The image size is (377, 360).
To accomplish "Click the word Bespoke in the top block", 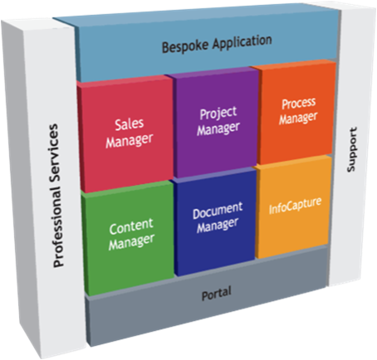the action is tap(186, 46).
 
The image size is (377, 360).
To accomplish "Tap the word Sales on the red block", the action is tap(130, 124).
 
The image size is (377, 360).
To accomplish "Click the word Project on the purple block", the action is tap(218, 113).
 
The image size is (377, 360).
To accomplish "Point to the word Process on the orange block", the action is tap(299, 104).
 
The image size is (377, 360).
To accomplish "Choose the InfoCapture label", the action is tap(295, 206).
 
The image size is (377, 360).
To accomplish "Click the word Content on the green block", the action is tap(131, 226).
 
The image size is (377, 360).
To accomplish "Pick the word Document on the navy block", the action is tap(218, 211).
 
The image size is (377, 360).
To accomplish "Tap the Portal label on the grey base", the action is tap(216, 294).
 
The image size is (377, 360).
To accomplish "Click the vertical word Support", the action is tap(352, 149).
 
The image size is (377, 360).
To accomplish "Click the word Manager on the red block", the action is tap(130, 140).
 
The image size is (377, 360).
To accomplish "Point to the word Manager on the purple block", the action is tap(218, 129).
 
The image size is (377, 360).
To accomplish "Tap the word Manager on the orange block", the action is tap(298, 118).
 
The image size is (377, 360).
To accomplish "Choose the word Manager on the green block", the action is tap(131, 242).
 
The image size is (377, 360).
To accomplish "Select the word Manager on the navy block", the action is tap(218, 225).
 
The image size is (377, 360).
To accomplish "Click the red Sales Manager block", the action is tap(126, 134).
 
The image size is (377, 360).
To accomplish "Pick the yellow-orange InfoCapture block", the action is tap(293, 207).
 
